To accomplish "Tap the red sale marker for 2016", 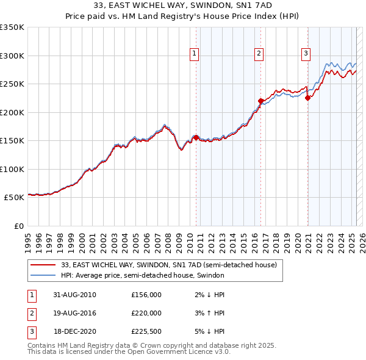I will pos(260,101).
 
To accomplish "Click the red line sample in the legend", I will pos(43,265).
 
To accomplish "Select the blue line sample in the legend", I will pos(43,276).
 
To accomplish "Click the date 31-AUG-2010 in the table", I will pos(75,295).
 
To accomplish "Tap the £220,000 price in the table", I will pos(146,313).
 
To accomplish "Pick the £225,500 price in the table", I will pos(146,331).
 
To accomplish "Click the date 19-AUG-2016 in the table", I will pos(75,313).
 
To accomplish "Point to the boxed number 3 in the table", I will pos(30,331).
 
